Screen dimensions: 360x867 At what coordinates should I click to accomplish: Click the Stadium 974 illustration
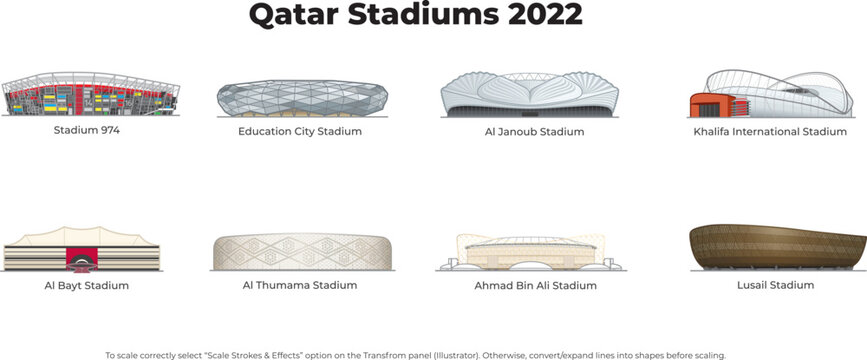click(91, 95)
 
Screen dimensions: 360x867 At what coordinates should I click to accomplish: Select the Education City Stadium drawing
click(301, 97)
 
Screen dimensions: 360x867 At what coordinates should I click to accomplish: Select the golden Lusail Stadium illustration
click(778, 246)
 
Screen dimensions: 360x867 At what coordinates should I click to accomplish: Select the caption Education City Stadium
click(300, 131)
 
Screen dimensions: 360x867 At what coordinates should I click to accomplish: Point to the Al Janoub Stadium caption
click(526, 131)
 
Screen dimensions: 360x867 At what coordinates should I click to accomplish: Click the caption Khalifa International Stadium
click(770, 131)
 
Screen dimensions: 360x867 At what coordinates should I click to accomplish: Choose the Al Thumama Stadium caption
click(299, 285)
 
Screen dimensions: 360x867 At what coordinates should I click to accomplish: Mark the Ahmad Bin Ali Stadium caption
click(535, 285)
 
